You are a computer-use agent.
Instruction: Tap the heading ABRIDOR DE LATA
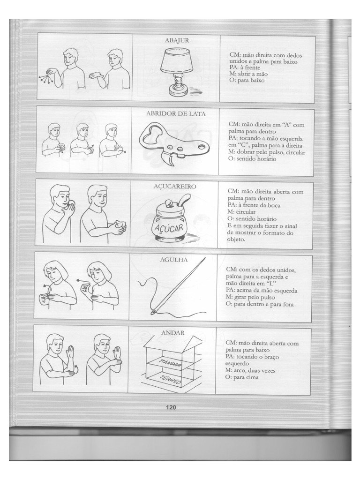(x=176, y=113)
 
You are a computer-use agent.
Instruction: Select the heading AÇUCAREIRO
(x=174, y=186)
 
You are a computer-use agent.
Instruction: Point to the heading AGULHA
(x=173, y=259)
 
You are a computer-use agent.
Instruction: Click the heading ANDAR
(x=172, y=332)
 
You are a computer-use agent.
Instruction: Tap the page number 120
(x=171, y=407)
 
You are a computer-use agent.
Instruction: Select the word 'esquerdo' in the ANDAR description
(x=239, y=363)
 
